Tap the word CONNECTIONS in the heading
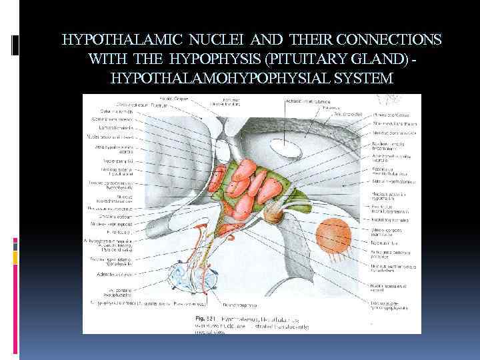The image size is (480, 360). pos(383,39)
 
